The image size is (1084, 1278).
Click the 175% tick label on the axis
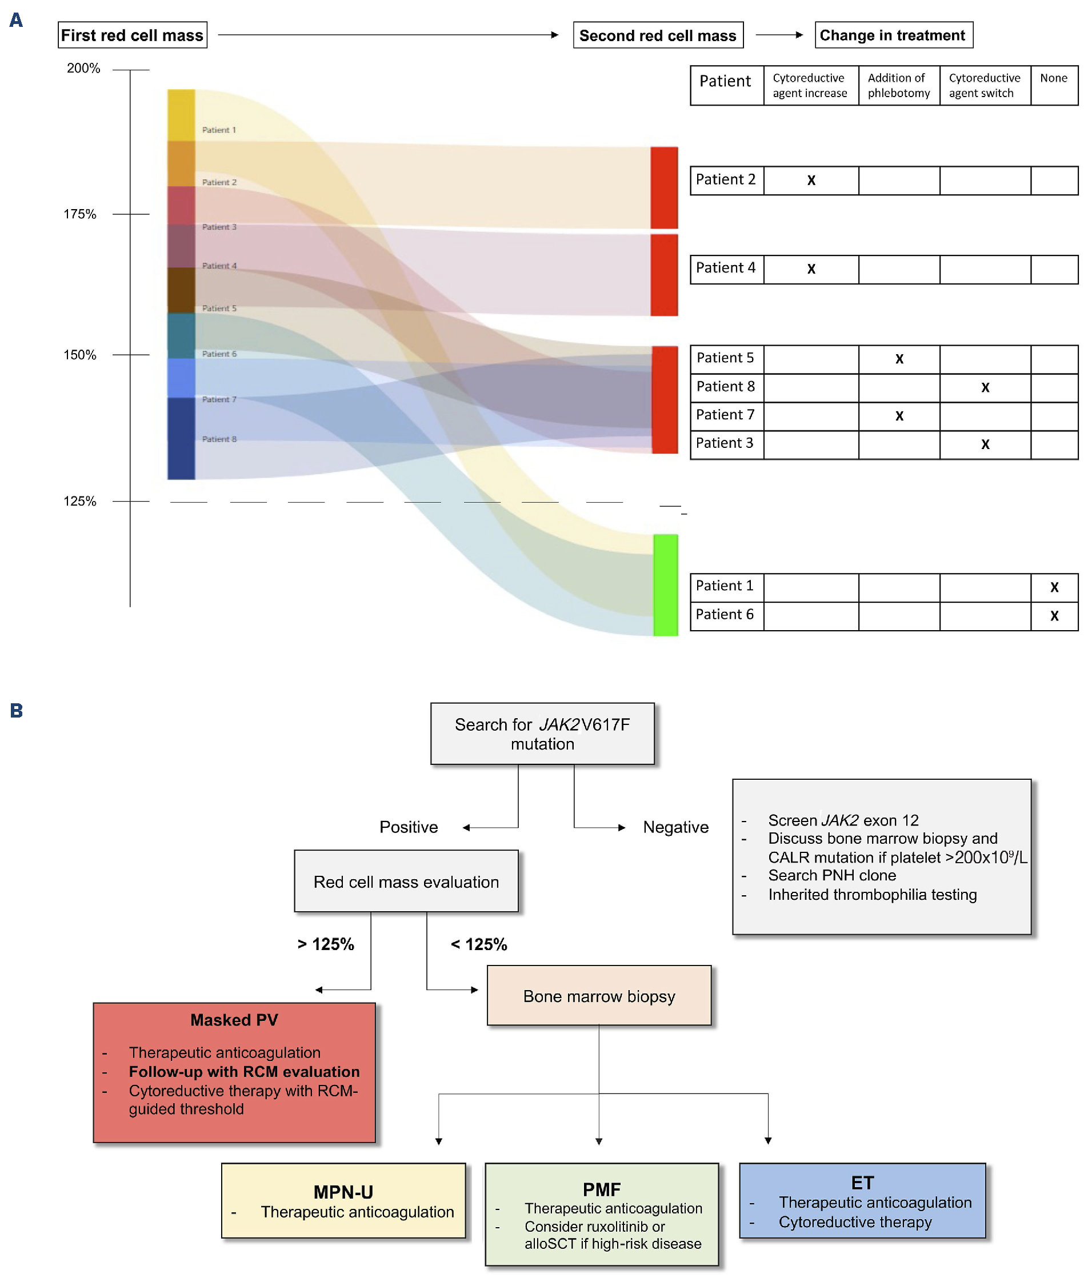pos(80,214)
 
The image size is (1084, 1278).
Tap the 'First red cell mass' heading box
pos(132,35)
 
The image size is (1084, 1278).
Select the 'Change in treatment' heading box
pos(893,35)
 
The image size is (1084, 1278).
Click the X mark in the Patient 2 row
pos(811,180)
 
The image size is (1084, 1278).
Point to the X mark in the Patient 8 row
pos(985,387)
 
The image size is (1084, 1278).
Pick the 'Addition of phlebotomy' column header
pos(898,85)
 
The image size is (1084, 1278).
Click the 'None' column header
pos(1053,78)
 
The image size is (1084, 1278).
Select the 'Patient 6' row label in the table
pos(725,614)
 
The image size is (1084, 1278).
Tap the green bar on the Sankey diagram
pos(665,585)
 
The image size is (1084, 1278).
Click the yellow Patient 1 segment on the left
pos(181,115)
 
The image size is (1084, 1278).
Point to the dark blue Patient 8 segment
pos(181,438)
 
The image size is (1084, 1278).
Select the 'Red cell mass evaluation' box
pos(406,882)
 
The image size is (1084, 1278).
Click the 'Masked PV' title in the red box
pos(234,1020)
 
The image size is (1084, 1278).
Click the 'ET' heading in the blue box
pos(862,1183)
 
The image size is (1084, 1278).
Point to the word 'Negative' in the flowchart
pos(675,827)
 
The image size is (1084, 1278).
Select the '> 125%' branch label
pos(326,944)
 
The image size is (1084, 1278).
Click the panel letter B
pos(17,711)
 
